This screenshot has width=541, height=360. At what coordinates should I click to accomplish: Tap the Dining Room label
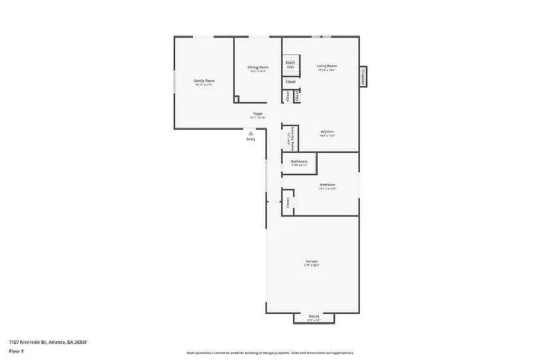pyautogui.click(x=258, y=67)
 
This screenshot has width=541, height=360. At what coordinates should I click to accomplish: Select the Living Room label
pyautogui.click(x=326, y=66)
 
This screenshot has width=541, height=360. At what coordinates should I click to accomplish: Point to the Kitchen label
pyautogui.click(x=327, y=131)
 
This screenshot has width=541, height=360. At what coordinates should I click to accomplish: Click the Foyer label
pyautogui.click(x=258, y=114)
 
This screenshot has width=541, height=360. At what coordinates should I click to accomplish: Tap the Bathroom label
pyautogui.click(x=299, y=162)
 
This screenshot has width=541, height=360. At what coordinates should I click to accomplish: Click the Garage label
pyautogui.click(x=312, y=261)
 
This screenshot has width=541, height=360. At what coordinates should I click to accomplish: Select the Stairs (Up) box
pyautogui.click(x=290, y=65)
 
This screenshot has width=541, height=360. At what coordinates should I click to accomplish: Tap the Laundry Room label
pyautogui.click(x=292, y=137)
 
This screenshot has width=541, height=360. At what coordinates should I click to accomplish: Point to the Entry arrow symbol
pyautogui.click(x=251, y=134)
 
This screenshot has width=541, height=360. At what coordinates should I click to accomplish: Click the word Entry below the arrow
pyautogui.click(x=251, y=140)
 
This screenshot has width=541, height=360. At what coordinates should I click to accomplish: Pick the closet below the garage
pyautogui.click(x=314, y=317)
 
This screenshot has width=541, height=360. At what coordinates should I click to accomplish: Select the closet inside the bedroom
pyautogui.click(x=288, y=202)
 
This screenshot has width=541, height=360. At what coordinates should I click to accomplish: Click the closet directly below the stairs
pyautogui.click(x=290, y=82)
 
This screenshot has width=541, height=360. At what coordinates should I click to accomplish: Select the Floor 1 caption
pyautogui.click(x=16, y=351)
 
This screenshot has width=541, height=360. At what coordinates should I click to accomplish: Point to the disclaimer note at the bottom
pyautogui.click(x=270, y=353)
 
